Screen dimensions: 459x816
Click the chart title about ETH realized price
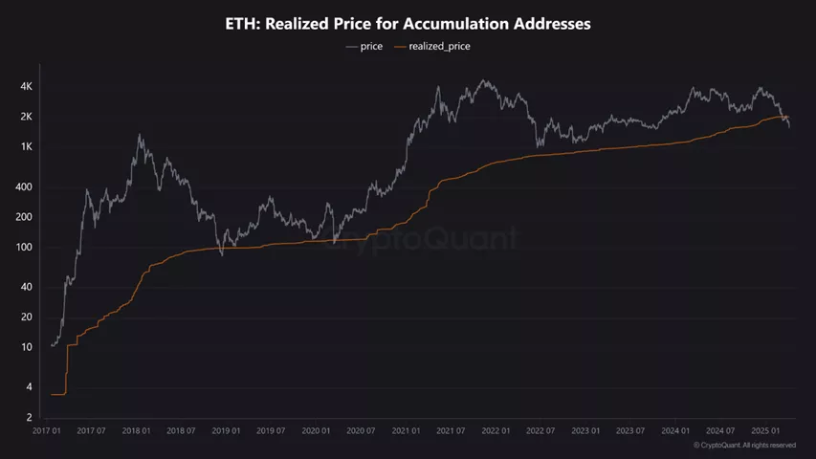tap(408, 24)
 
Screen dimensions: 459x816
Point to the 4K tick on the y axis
tap(27, 87)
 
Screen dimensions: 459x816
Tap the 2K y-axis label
tap(27, 117)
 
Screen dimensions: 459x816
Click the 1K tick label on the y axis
tap(27, 147)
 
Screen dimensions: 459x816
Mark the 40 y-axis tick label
tap(28, 287)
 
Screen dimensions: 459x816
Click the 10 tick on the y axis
tap(28, 347)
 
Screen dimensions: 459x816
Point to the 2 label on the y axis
tap(31, 418)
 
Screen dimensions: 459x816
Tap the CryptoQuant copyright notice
tap(744, 446)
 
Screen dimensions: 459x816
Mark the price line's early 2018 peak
tap(141, 134)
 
